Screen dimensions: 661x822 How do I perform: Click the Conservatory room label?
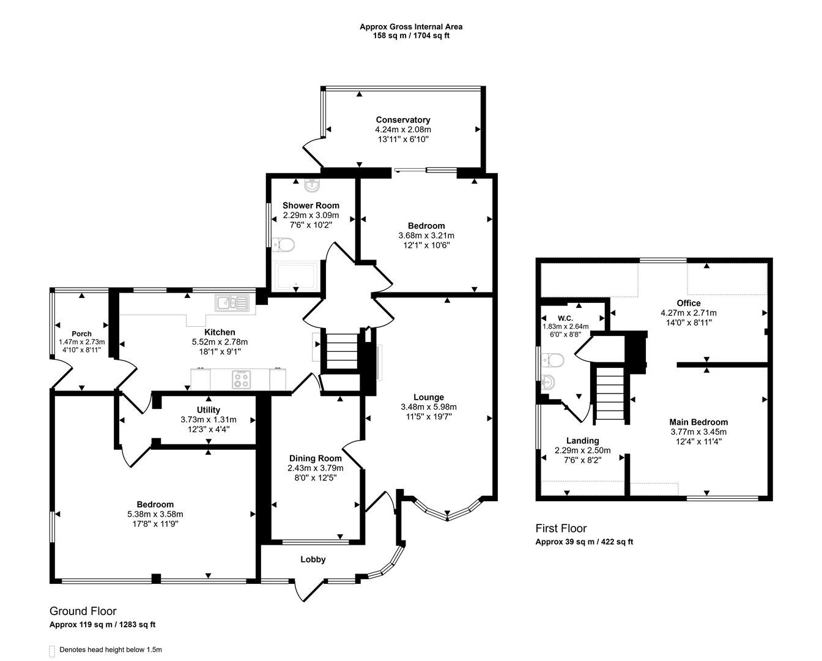(x=402, y=120)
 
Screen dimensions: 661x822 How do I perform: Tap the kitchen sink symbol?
(x=232, y=302)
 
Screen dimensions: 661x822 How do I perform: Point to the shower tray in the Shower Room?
(x=296, y=276)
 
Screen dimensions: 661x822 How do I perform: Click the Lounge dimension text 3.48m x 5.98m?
(x=428, y=407)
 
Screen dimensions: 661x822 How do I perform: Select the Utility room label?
(x=209, y=410)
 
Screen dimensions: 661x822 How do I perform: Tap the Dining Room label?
(x=315, y=458)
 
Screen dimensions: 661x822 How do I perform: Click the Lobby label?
(x=313, y=559)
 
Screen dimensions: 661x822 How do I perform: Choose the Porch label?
(x=81, y=334)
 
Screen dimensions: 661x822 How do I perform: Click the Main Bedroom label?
(x=698, y=422)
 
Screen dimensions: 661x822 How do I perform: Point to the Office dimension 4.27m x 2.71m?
(x=688, y=313)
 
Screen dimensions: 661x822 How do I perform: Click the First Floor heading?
(x=560, y=528)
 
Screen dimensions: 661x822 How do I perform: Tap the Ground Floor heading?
(x=83, y=611)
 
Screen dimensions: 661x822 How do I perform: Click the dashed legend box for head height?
(x=52, y=651)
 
